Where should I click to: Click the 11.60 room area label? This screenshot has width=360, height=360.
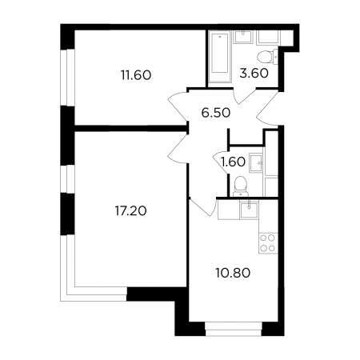136,75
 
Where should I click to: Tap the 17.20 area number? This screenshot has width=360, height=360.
130,211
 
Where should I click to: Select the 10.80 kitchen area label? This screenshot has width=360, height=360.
233,273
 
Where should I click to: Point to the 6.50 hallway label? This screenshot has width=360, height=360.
216,113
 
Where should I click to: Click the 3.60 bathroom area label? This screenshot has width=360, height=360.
254,74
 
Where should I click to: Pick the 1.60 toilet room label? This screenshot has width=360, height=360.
234,162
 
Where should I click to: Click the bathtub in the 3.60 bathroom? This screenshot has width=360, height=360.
220,57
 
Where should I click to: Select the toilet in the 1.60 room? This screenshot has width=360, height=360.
241,186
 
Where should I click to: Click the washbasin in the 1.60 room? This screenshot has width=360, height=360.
256,162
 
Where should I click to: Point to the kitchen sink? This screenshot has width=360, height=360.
249,210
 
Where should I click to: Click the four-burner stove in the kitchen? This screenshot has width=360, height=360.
268,243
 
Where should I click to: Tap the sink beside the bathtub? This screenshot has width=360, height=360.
242,37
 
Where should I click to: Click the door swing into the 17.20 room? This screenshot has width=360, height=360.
178,149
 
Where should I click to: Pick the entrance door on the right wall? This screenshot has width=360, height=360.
267,109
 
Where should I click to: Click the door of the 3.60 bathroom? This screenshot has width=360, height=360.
245,97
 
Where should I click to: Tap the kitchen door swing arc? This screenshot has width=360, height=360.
202,206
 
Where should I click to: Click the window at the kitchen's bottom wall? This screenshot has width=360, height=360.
234,329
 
